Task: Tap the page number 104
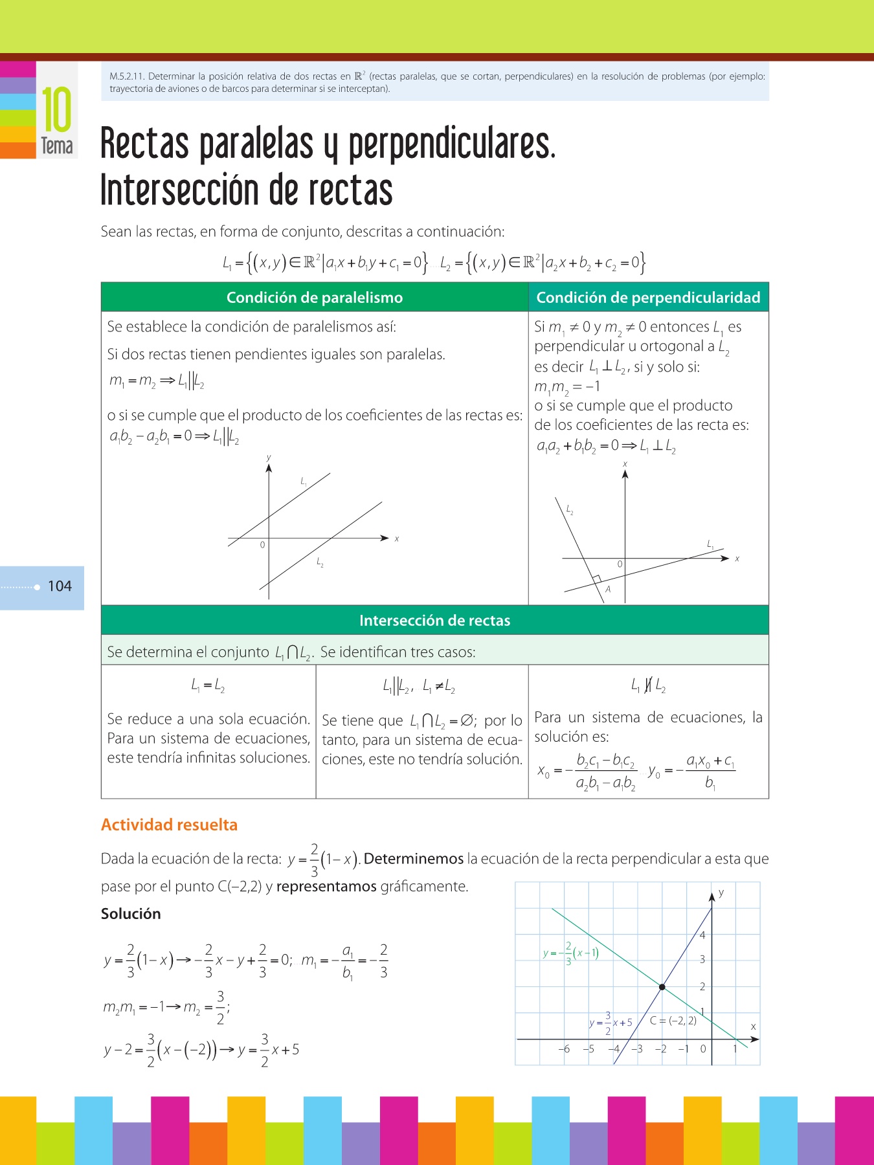(60, 586)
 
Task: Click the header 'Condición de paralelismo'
(315, 298)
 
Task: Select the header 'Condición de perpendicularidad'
(648, 298)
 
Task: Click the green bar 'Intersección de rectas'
(434, 621)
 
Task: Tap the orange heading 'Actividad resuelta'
(169, 825)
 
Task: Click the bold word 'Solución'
(131, 914)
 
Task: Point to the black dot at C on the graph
(662, 987)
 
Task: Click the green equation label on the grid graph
(570, 953)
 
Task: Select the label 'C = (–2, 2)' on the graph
(673, 1021)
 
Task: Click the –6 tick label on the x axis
(564, 1049)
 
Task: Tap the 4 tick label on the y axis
(702, 935)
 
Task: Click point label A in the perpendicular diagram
(608, 590)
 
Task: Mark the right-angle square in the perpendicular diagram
(596, 579)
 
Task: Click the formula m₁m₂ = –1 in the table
(567, 387)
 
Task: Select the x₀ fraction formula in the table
(587, 771)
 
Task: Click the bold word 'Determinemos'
(414, 859)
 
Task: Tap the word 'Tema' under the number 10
(57, 146)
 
